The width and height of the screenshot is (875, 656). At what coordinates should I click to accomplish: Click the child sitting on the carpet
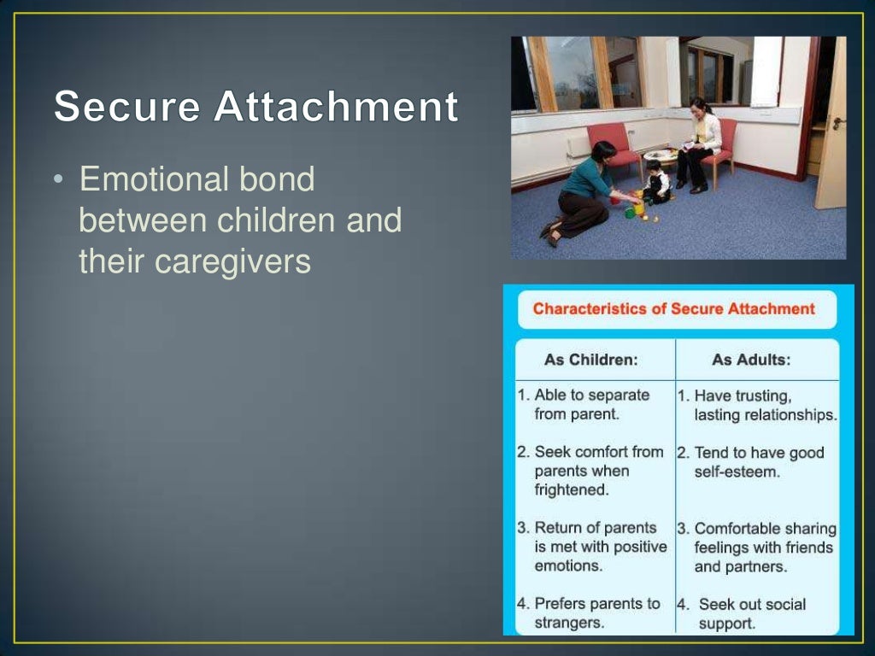tap(655, 182)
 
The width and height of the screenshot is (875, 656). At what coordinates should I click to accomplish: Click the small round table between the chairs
tap(661, 158)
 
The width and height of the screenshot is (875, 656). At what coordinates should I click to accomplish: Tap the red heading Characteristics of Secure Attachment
tap(674, 309)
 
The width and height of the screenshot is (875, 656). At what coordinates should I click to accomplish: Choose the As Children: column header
tap(590, 360)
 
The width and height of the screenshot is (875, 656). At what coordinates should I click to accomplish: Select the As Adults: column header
tap(751, 360)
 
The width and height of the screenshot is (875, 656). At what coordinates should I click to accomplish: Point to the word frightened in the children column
tap(571, 490)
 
